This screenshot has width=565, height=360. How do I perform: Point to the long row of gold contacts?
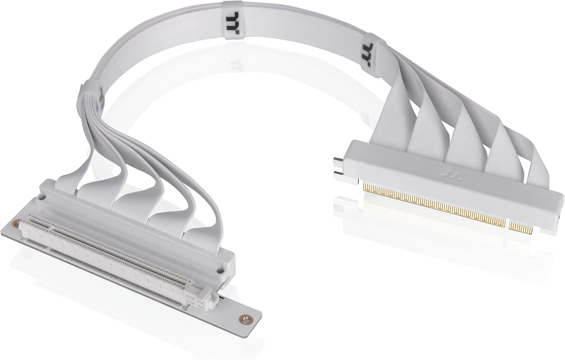point(433,204)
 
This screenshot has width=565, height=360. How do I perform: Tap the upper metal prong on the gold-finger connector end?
point(338,162)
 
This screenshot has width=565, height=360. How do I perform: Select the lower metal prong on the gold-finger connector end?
point(338,174)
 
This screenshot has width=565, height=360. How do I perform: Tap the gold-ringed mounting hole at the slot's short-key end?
point(15,224)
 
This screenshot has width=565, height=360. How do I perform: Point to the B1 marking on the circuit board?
point(22,239)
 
